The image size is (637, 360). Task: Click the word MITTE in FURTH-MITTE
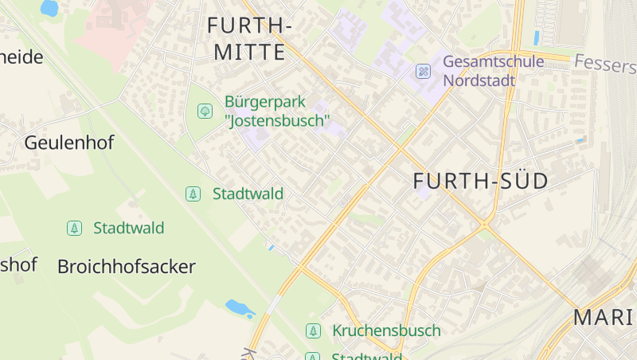(x=249, y=53)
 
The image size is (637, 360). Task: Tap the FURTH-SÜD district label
(x=481, y=182)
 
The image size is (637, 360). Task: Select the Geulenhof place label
(x=69, y=143)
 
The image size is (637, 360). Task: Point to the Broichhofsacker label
(x=126, y=267)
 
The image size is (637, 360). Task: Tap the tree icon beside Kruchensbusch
(x=314, y=331)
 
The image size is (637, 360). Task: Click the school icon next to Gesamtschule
(x=424, y=72)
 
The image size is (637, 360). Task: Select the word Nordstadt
(x=479, y=80)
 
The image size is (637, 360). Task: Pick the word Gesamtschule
(x=493, y=61)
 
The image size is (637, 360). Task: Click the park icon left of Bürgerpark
(x=205, y=111)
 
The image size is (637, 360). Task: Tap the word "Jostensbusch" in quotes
(x=277, y=121)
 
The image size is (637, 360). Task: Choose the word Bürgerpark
(x=265, y=102)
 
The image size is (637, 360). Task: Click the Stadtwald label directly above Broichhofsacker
(x=128, y=229)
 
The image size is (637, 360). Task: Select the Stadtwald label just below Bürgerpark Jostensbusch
(x=248, y=194)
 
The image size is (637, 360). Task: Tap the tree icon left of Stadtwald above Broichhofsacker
(x=74, y=229)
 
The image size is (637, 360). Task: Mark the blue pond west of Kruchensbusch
(x=239, y=307)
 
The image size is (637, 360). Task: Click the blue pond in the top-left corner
(x=49, y=8)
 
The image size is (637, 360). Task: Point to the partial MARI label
(x=604, y=318)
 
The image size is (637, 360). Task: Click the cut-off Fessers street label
(x=604, y=62)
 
